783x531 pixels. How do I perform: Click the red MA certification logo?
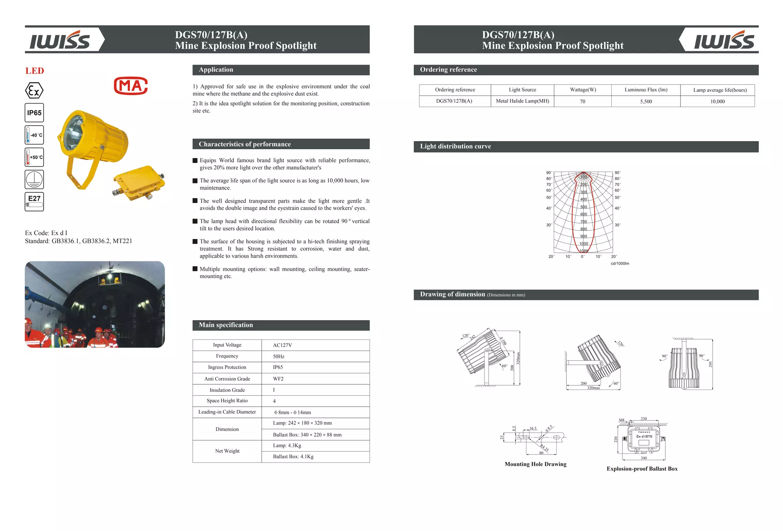click(x=131, y=86)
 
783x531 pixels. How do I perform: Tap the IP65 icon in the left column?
click(x=34, y=113)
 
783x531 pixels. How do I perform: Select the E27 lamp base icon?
click(x=34, y=202)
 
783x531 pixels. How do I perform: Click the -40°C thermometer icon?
click(x=34, y=135)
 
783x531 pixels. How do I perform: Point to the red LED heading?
click(x=35, y=71)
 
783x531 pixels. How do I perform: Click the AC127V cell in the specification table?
click(x=283, y=345)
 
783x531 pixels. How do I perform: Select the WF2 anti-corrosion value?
click(x=278, y=379)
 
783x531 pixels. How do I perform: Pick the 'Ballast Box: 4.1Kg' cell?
click(x=293, y=457)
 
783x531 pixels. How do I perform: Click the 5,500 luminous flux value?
click(x=646, y=101)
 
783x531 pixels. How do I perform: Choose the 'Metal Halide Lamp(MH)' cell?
click(x=523, y=101)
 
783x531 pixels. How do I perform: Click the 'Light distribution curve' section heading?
click(x=455, y=146)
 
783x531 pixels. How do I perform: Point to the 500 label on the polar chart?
click(x=584, y=207)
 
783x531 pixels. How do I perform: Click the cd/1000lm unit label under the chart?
click(x=620, y=263)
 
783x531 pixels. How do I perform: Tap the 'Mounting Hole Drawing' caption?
click(x=535, y=464)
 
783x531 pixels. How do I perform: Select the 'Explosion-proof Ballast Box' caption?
click(x=642, y=469)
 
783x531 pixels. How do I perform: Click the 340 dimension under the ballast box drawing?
click(x=644, y=458)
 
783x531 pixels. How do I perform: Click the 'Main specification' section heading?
click(x=226, y=325)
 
